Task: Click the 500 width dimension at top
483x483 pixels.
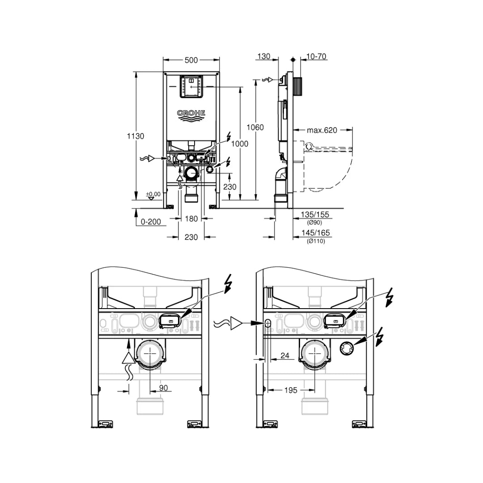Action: click(191, 59)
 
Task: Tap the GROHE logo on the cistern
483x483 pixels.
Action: click(191, 114)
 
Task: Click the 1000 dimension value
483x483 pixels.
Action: click(240, 144)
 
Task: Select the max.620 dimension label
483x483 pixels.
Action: click(322, 131)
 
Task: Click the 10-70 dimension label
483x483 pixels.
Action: click(316, 56)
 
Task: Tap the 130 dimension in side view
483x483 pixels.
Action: click(263, 56)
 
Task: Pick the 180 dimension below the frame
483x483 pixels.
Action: click(191, 219)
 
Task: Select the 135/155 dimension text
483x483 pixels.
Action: click(315, 215)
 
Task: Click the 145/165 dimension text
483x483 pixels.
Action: click(315, 233)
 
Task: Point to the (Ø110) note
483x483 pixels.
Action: click(316, 241)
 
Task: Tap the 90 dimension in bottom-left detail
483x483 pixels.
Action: click(163, 388)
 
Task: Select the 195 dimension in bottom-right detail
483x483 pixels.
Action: click(290, 390)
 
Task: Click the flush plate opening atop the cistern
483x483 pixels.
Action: click(191, 86)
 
